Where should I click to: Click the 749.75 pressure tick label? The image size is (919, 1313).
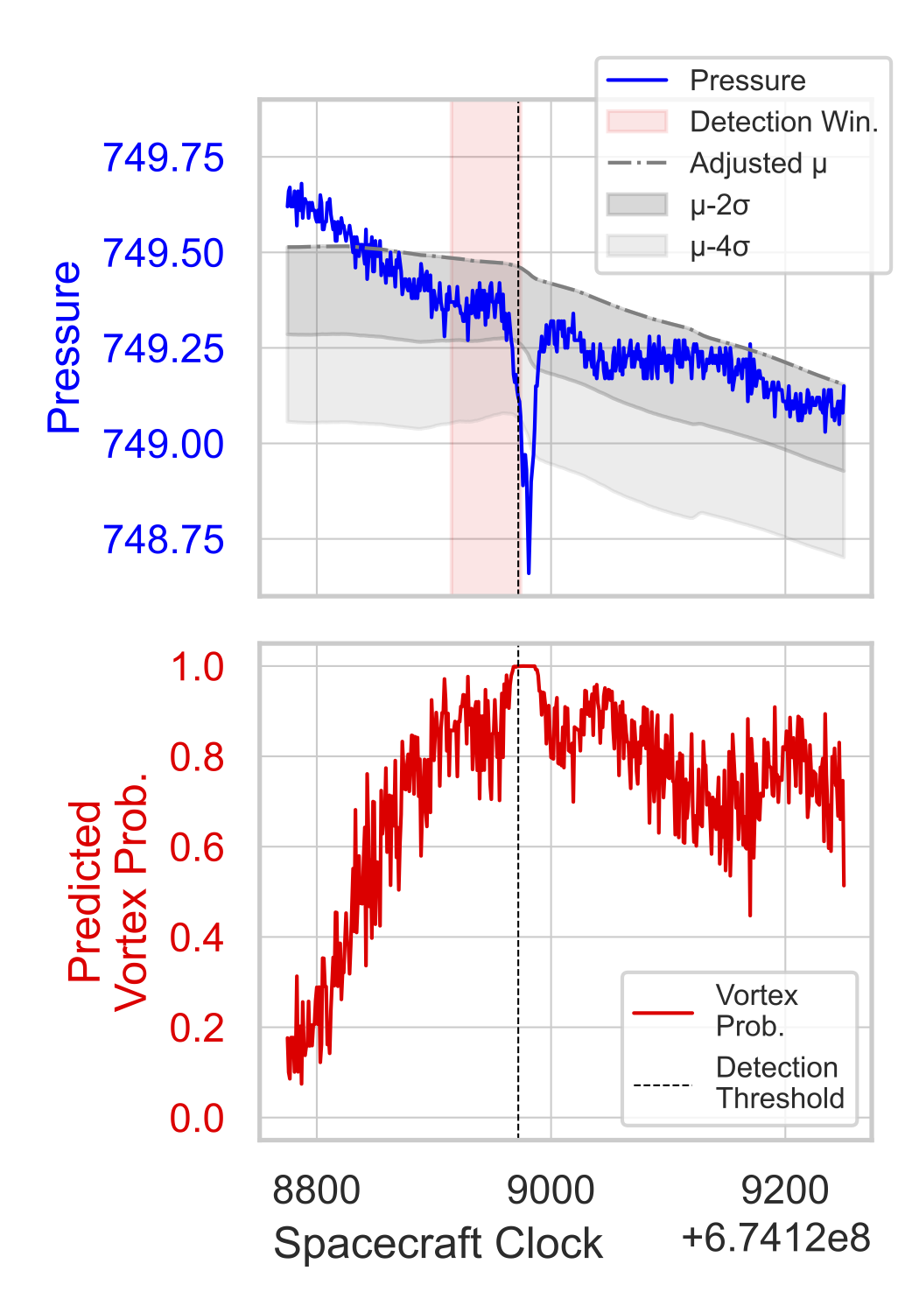pyautogui.click(x=164, y=158)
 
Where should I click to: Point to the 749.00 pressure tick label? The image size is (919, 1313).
pyautogui.click(x=164, y=445)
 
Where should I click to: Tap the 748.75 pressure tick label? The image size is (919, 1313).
pyautogui.click(x=164, y=540)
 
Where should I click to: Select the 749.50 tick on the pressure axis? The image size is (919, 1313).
pyautogui.click(x=164, y=254)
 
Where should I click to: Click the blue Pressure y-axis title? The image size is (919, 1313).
pyautogui.click(x=64, y=348)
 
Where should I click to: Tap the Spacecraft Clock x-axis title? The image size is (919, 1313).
pyautogui.click(x=438, y=1244)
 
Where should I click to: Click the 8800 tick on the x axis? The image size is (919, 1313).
pyautogui.click(x=316, y=1191)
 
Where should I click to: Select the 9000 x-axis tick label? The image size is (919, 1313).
pyautogui.click(x=551, y=1191)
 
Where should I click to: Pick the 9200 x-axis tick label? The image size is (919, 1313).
pyautogui.click(x=784, y=1191)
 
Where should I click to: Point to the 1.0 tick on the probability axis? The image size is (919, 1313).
pyautogui.click(x=197, y=667)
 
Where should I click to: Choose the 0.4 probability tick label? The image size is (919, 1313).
pyautogui.click(x=197, y=938)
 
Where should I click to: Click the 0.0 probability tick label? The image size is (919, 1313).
pyautogui.click(x=197, y=1119)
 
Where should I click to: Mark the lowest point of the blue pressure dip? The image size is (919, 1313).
pyautogui.click(x=529, y=573)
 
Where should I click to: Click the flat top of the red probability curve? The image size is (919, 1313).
pyautogui.click(x=525, y=666)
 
